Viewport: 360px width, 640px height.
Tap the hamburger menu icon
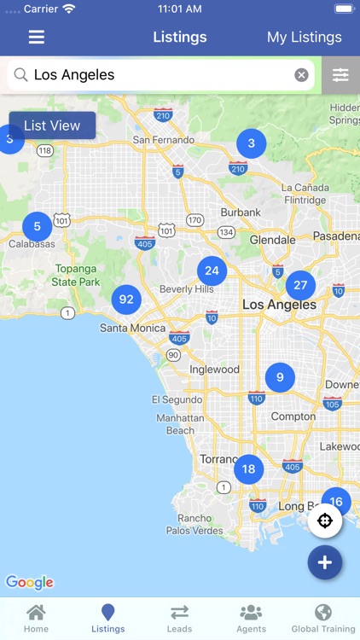[37, 38]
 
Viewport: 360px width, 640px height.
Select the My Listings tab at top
[304, 38]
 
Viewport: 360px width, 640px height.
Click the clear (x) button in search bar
[301, 75]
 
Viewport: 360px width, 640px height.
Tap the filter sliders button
[340, 75]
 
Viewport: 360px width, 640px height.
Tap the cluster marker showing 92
[126, 300]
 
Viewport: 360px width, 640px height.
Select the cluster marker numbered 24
[212, 271]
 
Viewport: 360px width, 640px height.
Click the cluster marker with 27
[299, 286]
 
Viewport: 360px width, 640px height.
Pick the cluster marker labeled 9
[280, 376]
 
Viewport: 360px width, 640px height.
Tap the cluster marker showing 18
[248, 469]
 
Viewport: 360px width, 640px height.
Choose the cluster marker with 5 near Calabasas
[37, 227]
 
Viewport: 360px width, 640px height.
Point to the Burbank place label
[241, 212]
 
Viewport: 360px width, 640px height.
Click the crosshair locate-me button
[325, 521]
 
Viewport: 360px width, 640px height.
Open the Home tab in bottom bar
[36, 618]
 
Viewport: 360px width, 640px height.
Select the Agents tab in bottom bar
[251, 618]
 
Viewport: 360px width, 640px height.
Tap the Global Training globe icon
[322, 613]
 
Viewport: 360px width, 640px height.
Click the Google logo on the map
[30, 582]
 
